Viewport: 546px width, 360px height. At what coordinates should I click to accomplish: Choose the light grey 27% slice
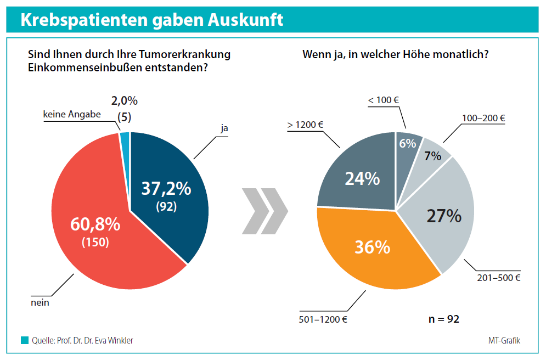click(x=439, y=214)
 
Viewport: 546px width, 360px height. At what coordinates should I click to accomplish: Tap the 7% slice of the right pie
click(x=432, y=156)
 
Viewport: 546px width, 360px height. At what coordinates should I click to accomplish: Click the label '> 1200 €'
click(x=305, y=125)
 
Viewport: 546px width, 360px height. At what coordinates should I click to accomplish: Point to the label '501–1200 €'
click(x=324, y=319)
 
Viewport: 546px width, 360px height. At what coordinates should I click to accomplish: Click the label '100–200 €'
click(x=483, y=117)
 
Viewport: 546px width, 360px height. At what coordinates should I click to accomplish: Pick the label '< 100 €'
click(x=382, y=100)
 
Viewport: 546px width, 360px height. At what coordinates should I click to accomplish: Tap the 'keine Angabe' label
click(x=71, y=115)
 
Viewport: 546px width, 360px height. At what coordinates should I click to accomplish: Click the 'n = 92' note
click(x=443, y=319)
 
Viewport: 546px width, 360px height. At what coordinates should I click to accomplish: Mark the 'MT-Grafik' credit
click(x=504, y=340)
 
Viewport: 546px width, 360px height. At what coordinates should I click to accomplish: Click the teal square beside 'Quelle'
click(x=25, y=340)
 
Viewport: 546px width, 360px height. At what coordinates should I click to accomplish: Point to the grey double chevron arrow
click(x=264, y=211)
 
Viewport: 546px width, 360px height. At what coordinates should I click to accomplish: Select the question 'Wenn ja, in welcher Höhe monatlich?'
click(x=396, y=55)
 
